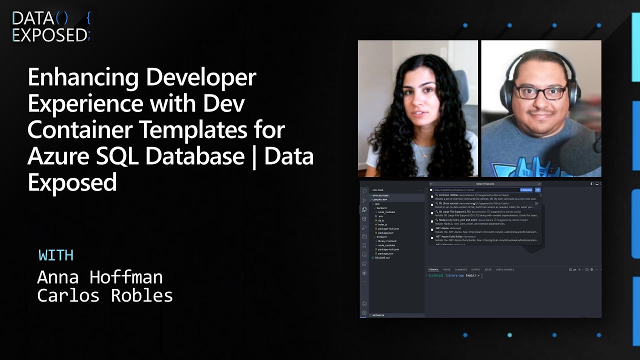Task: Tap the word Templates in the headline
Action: click(x=191, y=130)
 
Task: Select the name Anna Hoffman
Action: click(x=100, y=277)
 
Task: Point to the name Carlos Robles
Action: click(x=105, y=295)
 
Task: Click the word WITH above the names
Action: click(x=56, y=255)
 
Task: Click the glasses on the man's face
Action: click(x=541, y=92)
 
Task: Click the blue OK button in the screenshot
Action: click(x=537, y=190)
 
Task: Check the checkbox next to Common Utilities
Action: click(x=432, y=196)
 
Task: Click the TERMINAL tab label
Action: click(x=433, y=269)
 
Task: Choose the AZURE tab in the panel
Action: click(x=488, y=269)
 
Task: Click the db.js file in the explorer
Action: click(x=381, y=220)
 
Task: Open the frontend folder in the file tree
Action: click(x=381, y=237)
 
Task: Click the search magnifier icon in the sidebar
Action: click(x=364, y=191)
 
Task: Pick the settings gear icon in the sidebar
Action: click(x=364, y=313)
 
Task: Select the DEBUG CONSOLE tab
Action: click(x=505, y=269)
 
